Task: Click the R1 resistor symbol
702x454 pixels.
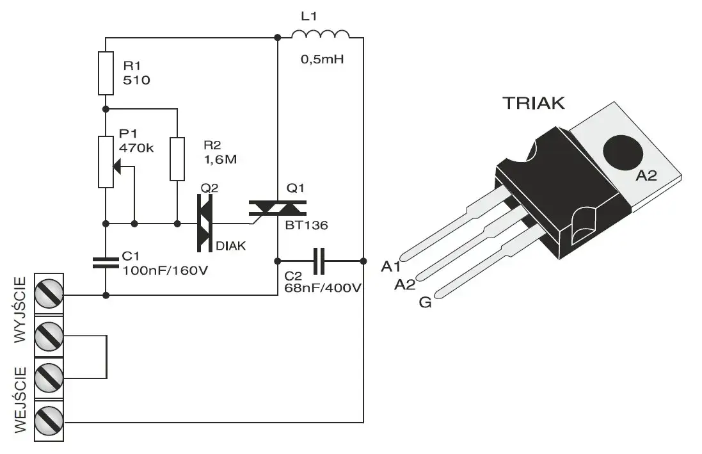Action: [x=106, y=73]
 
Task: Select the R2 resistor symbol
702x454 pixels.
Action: [x=177, y=158]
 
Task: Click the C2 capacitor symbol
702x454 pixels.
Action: [x=320, y=261]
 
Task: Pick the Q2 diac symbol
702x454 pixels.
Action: [x=204, y=223]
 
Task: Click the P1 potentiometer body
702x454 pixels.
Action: [x=106, y=161]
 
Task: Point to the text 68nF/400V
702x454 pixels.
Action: [x=323, y=288]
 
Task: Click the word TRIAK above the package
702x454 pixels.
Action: [x=534, y=102]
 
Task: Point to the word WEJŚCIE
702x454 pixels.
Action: [x=21, y=400]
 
